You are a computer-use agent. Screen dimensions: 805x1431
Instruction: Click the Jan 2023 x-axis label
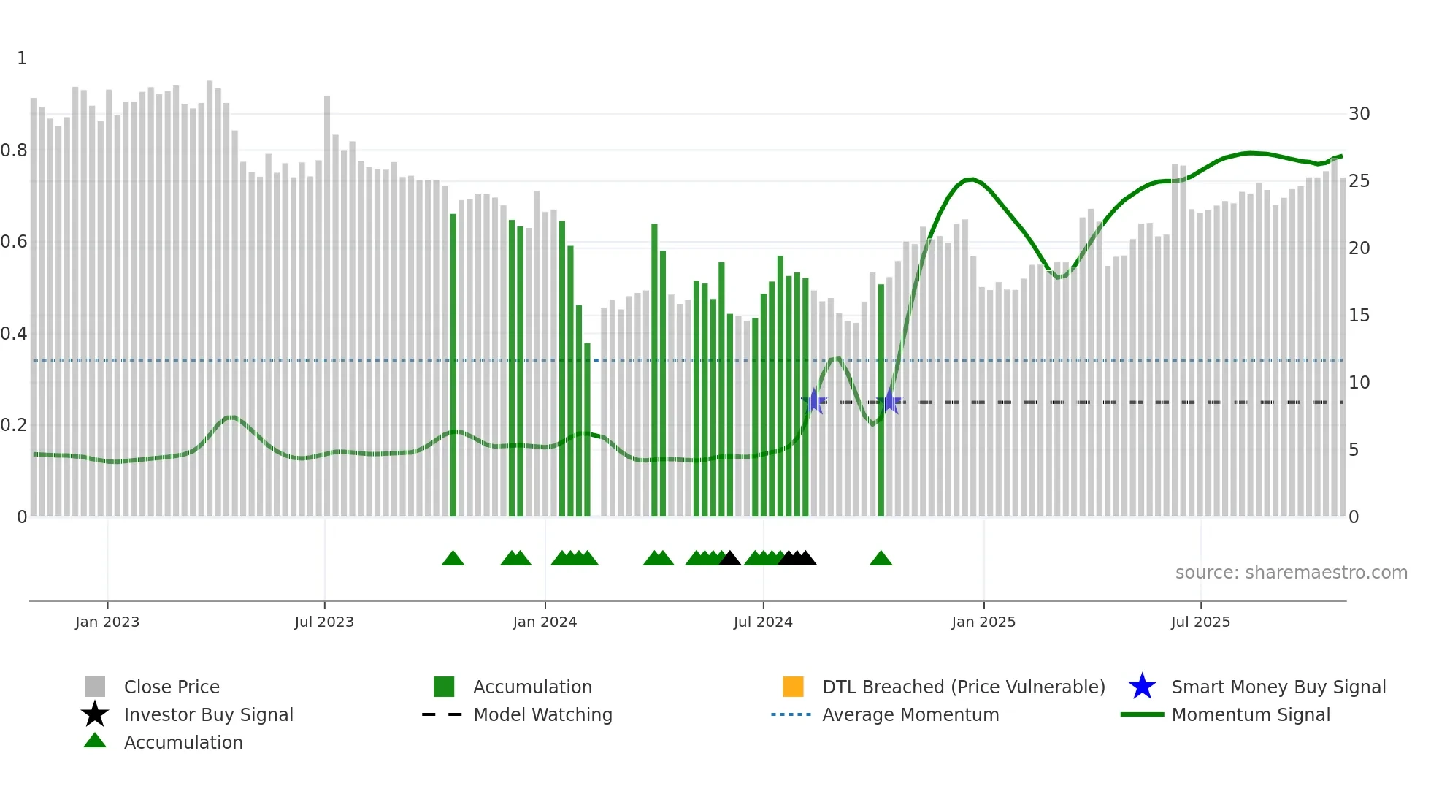(x=107, y=622)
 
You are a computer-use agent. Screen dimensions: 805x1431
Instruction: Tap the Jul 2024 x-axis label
(x=763, y=622)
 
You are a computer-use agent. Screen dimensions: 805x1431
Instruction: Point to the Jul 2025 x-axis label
(x=1200, y=622)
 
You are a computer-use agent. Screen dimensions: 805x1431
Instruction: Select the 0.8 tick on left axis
(x=14, y=150)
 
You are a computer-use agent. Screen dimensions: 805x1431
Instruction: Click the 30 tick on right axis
(x=1359, y=114)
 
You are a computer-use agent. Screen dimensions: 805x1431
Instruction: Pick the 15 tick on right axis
(x=1359, y=316)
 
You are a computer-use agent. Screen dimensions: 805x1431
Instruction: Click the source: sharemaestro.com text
(x=1291, y=573)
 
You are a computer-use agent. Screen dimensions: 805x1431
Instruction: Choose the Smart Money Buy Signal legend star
(x=1142, y=687)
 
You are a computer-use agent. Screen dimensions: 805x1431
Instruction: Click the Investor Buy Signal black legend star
(x=95, y=714)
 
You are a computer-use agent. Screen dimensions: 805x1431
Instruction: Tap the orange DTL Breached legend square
(x=793, y=687)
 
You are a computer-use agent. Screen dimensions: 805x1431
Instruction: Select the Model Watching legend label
(x=542, y=714)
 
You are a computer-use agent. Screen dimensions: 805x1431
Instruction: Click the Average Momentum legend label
(x=910, y=714)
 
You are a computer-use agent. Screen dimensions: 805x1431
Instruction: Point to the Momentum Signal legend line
(x=1142, y=714)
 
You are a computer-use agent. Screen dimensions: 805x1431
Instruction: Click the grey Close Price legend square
(x=95, y=687)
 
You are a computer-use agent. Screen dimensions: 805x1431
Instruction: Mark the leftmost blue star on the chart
(x=814, y=401)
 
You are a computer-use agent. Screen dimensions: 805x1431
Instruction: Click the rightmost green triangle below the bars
(x=881, y=559)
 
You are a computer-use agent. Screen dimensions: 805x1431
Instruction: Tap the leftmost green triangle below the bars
(x=453, y=559)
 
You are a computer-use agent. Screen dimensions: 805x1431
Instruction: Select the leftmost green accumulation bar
(x=453, y=365)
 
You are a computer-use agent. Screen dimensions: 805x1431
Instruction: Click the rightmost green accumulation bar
(x=881, y=402)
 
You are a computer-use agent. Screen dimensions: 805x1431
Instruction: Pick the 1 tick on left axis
(x=22, y=58)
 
